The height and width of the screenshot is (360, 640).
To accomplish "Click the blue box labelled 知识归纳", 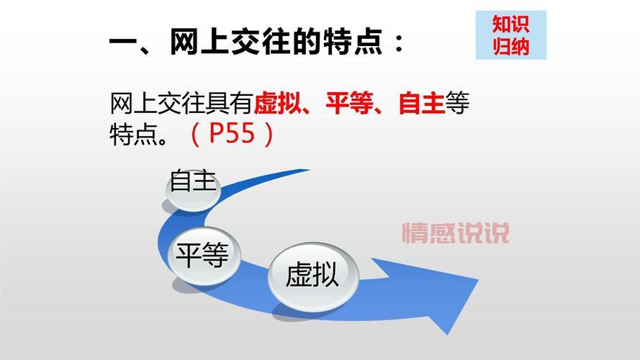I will click(x=511, y=35).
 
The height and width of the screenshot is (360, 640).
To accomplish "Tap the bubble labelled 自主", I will click(x=192, y=182).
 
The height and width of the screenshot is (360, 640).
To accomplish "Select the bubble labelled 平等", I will click(x=204, y=254).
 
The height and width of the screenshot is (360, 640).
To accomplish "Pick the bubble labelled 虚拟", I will click(x=312, y=276).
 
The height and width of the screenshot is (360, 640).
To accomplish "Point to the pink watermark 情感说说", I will click(x=456, y=233).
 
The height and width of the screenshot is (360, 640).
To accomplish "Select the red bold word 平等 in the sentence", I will click(x=348, y=104).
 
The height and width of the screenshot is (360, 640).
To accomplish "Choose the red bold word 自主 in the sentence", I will click(x=421, y=104).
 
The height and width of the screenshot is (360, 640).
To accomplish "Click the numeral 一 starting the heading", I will click(x=123, y=45).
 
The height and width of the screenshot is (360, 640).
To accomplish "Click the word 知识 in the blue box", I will click(x=511, y=24).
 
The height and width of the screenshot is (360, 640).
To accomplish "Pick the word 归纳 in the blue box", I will click(x=511, y=46).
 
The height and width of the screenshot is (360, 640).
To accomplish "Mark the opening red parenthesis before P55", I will click(x=195, y=134).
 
